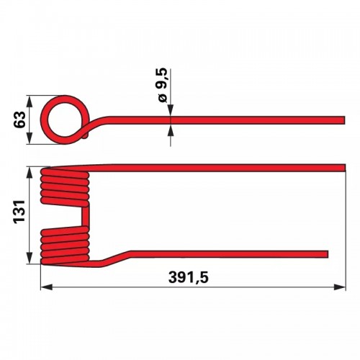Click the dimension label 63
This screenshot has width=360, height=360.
[x=19, y=120]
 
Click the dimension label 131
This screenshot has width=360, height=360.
[x=19, y=212]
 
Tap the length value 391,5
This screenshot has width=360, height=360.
[x=189, y=278]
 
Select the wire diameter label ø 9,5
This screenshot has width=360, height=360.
[x=163, y=86]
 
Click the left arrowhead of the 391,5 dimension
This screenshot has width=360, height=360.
[x=47, y=287]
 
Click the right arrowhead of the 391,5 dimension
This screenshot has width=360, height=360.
[x=340, y=287]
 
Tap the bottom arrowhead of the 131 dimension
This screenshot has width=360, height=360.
[x=30, y=258]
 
